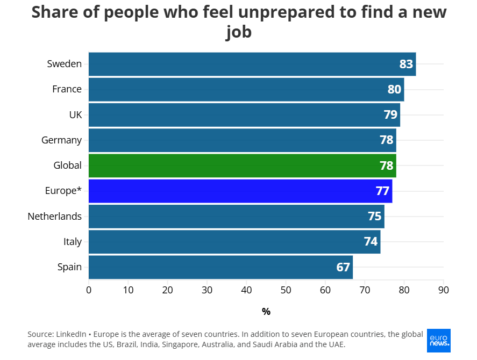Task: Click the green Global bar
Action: (x=242, y=165)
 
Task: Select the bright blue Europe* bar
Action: (x=240, y=191)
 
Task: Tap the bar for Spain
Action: (x=220, y=267)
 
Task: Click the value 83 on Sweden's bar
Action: (x=406, y=64)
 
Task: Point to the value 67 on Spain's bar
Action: (x=343, y=267)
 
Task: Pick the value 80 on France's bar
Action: (x=394, y=89)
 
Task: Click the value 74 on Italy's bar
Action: (x=371, y=242)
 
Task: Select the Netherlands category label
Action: (x=55, y=217)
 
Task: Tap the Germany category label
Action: (x=61, y=140)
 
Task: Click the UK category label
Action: (x=75, y=114)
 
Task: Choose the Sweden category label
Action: (x=64, y=64)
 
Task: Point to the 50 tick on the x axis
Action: (x=286, y=290)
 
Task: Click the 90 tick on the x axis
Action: (x=443, y=290)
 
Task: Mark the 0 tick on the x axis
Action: (x=89, y=290)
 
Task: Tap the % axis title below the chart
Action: (x=266, y=312)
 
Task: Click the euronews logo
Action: (x=438, y=341)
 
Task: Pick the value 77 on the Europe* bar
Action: (x=382, y=191)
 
